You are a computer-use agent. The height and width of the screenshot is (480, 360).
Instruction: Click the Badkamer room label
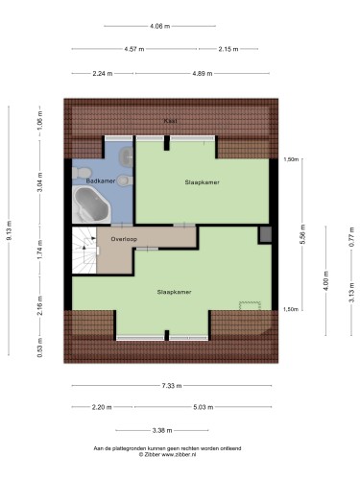coord(101,181)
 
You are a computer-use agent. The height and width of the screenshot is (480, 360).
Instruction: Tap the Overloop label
coord(124,239)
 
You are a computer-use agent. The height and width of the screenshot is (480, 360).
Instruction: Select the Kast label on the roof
coord(170,121)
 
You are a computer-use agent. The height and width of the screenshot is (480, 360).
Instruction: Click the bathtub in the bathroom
coord(92,204)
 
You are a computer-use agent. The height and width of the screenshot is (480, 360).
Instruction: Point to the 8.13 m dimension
coord(10,230)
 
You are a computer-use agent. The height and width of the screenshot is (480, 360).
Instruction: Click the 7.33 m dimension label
coord(172,386)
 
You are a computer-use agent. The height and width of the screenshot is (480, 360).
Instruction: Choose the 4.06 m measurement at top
coord(160,26)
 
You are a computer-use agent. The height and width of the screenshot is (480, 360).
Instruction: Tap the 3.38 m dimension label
coord(162,430)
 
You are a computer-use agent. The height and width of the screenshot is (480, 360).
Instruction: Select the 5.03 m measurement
coord(204,407)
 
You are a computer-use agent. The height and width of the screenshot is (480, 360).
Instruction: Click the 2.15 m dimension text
coord(228,49)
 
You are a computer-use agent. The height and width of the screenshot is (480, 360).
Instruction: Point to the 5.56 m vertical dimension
coord(302,234)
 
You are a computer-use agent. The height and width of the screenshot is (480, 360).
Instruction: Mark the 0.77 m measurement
coord(351,236)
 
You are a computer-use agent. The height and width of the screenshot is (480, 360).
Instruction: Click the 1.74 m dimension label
coord(39,250)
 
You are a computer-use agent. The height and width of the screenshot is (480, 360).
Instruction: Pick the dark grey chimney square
coord(265,234)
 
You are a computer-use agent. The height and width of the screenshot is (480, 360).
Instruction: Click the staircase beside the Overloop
coord(84,251)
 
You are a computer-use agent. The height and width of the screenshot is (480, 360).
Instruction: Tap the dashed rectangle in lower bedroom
coord(250,305)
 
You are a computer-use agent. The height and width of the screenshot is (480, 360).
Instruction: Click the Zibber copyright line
coord(167,454)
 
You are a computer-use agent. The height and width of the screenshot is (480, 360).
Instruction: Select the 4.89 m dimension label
coord(203,74)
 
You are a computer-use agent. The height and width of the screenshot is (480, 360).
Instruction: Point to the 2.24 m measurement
coord(103,74)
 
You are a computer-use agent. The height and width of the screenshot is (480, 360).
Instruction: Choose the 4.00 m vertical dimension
coord(326,280)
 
